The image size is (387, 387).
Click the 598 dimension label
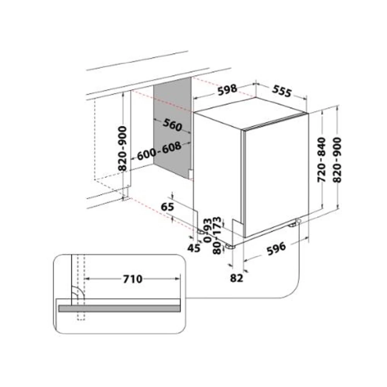pos(227,89)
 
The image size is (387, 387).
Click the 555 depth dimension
pos(282,91)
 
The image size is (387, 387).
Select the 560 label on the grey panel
pos(173,125)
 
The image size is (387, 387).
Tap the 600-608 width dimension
pos(159,151)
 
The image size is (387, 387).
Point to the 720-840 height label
pos(321,160)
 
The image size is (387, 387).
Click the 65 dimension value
pos(167,207)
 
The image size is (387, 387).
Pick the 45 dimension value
pos(194,248)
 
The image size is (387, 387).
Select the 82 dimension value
pos(236,278)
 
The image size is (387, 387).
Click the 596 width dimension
pos(276,248)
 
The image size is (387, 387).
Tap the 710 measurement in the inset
pos(133,279)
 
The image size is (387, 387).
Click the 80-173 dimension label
pos(217,235)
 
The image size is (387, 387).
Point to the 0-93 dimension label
pos(208,230)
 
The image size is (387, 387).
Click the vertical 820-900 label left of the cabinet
pos(122,148)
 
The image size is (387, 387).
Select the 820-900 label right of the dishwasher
pos(337,160)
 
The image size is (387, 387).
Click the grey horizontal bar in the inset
pos(120,308)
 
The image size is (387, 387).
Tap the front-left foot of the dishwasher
pos(229,246)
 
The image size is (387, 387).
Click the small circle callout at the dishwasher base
pos(299,221)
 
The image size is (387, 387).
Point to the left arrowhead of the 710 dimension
pos(87,279)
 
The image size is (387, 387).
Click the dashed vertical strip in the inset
pos(81,287)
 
